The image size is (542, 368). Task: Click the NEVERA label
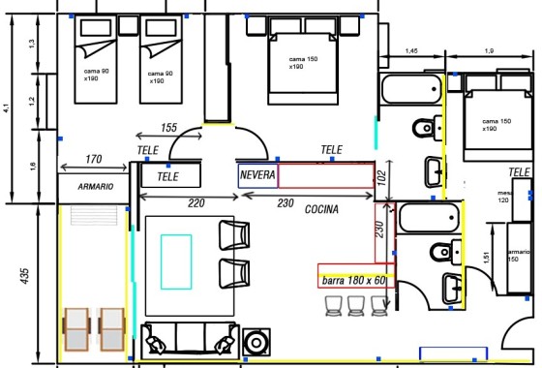258,176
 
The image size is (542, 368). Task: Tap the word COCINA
321,209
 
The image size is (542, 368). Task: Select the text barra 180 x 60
354,280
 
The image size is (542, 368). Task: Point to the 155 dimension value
168,128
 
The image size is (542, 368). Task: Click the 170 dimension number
94,159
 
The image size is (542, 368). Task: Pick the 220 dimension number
196,203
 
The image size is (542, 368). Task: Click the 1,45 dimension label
411,50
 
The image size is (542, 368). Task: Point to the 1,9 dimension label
489,50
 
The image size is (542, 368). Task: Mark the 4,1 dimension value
7,108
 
